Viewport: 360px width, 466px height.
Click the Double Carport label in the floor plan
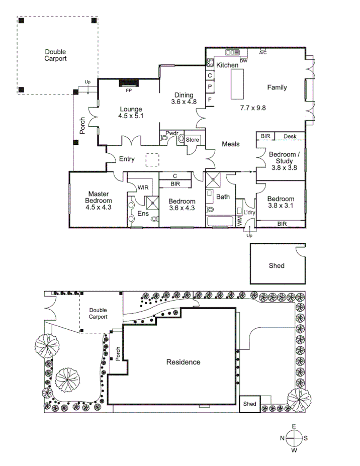pos(55,55)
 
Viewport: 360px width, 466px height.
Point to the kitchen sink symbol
pos(232,52)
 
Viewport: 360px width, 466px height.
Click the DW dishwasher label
pos(243,61)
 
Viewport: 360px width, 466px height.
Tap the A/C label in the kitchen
pos(262,52)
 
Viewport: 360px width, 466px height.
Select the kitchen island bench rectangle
pos(238,84)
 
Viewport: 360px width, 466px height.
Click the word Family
pos(277,87)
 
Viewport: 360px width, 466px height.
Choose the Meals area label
pos(231,144)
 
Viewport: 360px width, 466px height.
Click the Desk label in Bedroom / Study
pos(290,136)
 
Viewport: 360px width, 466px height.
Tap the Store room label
pos(193,139)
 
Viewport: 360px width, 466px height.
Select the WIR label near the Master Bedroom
pos(143,188)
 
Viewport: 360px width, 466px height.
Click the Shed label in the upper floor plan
pos(277,265)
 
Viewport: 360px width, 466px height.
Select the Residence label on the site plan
pos(183,362)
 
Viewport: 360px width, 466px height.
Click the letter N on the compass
pos(282,438)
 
